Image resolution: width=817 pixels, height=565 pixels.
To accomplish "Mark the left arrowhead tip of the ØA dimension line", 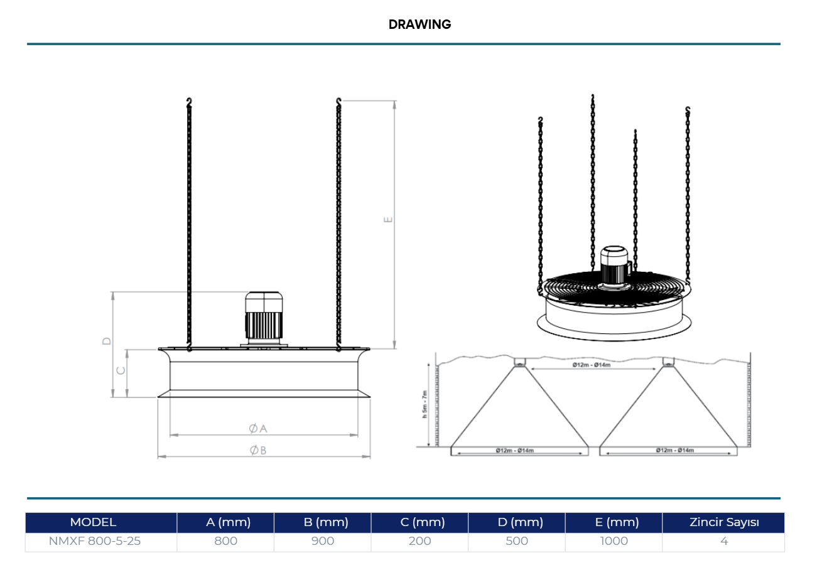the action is click(x=170, y=435).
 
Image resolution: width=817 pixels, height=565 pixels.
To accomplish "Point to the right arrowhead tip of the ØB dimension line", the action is click(x=371, y=456).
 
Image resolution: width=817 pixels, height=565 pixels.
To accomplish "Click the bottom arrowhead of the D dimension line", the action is click(x=112, y=397).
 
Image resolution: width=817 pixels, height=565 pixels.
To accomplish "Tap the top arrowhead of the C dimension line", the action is click(x=127, y=350).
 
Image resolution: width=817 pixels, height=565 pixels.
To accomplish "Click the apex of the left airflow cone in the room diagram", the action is click(x=520, y=366).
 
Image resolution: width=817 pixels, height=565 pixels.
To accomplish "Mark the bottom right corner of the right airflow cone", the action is click(x=737, y=447).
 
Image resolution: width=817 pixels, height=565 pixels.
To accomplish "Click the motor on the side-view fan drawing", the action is click(x=264, y=318).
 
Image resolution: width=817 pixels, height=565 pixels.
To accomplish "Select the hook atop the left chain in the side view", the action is click(x=189, y=102).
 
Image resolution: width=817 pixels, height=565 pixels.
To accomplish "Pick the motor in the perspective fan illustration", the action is click(x=615, y=266).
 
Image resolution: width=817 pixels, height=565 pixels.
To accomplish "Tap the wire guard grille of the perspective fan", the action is click(x=616, y=289).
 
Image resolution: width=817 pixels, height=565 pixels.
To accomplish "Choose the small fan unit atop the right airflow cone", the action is click(x=668, y=362).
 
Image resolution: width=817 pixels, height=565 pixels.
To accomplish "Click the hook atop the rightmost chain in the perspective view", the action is click(x=688, y=110).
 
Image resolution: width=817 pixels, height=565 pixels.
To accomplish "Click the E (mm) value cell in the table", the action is click(x=614, y=541).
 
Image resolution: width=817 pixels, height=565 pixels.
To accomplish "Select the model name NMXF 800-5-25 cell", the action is click(x=94, y=541).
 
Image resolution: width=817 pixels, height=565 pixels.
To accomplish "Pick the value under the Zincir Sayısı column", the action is click(x=724, y=541).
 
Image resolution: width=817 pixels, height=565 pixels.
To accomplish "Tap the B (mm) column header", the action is click(x=326, y=522).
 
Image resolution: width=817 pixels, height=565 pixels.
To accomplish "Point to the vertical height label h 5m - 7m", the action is click(x=425, y=404).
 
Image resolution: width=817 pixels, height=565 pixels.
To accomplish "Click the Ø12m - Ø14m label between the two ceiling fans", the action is click(x=591, y=365).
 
